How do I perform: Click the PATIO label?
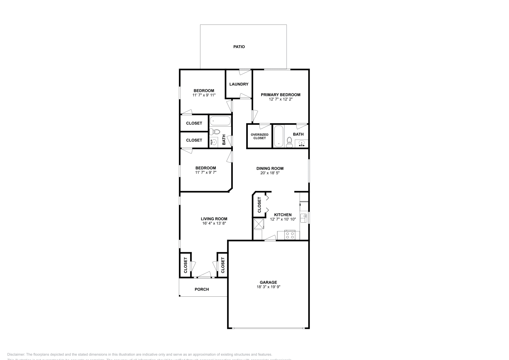click(239, 47)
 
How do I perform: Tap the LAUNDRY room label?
click(239, 84)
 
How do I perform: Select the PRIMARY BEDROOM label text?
click(281, 95)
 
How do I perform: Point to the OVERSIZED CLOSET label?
click(260, 136)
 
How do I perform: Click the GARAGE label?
click(268, 282)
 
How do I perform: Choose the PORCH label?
click(202, 289)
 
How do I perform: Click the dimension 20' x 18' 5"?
click(270, 173)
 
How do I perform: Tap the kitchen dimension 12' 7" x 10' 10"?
click(283, 219)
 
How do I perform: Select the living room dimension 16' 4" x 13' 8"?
click(214, 223)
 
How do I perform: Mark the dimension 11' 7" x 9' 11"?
click(204, 95)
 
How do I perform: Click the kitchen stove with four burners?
click(290, 236)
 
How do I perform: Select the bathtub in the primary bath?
click(279, 136)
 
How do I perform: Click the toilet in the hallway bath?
click(216, 132)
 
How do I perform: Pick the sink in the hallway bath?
click(214, 142)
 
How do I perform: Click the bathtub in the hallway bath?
click(220, 121)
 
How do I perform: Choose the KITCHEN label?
click(283, 215)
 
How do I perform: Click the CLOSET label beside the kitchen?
click(259, 205)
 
